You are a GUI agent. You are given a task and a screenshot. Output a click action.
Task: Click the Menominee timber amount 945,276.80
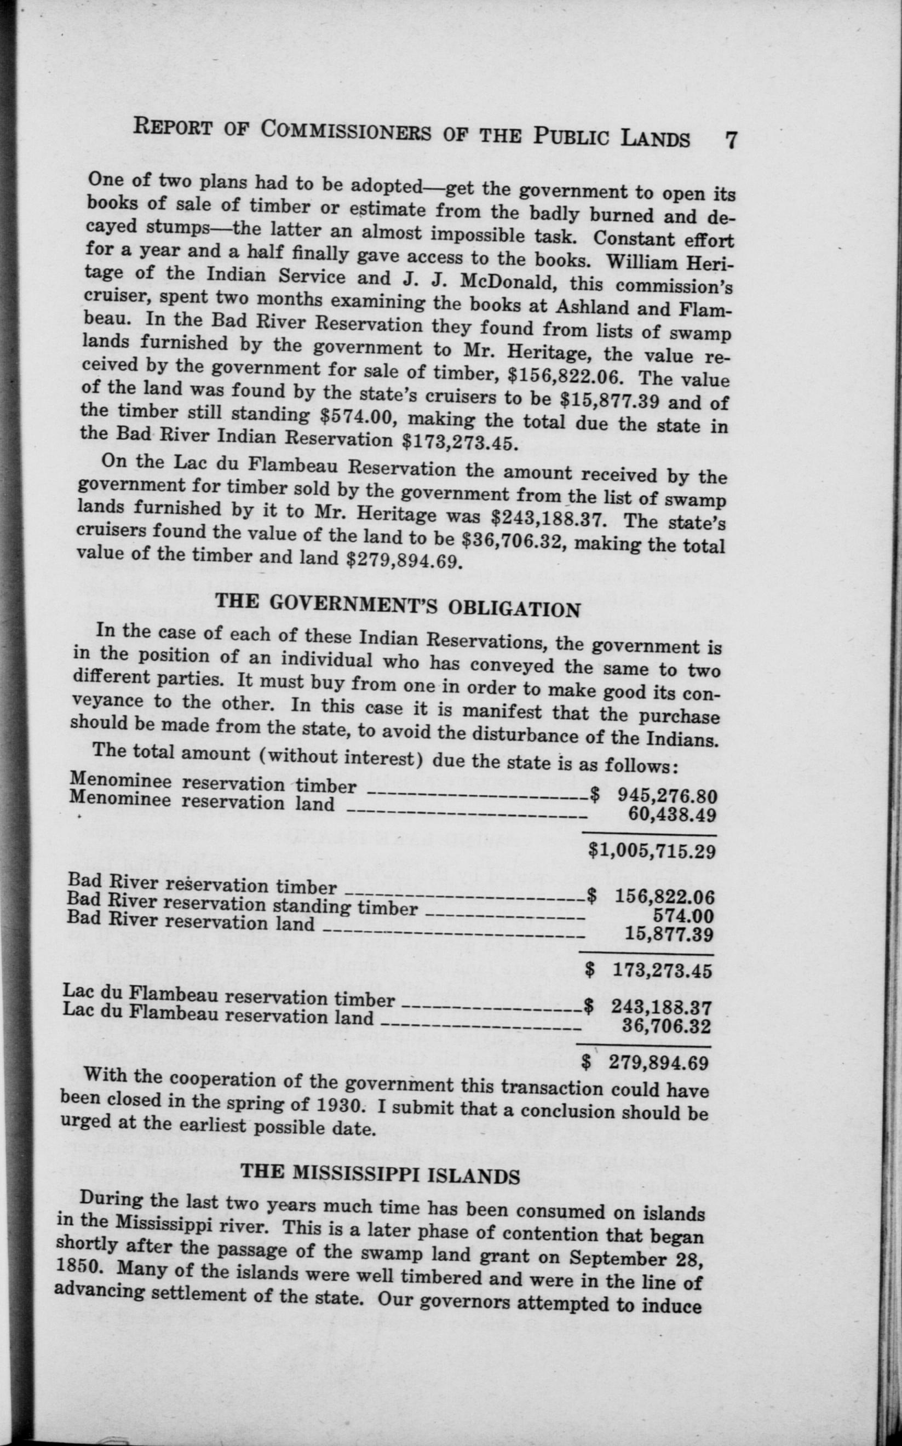[x=667, y=795]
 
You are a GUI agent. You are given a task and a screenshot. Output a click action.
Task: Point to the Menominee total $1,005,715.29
[x=652, y=850]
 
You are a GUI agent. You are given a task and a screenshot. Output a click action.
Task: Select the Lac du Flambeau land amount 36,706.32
[x=666, y=1026]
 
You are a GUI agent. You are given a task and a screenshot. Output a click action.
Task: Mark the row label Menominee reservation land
[x=202, y=801]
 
